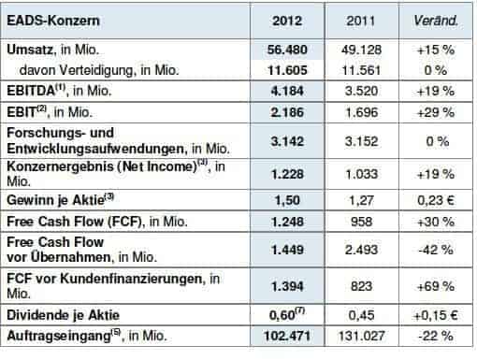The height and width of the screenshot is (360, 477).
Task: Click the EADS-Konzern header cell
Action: click(49, 19)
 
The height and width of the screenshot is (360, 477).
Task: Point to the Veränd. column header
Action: click(435, 19)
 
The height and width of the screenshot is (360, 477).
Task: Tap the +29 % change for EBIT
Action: click(435, 112)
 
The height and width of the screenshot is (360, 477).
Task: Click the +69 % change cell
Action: click(435, 281)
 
